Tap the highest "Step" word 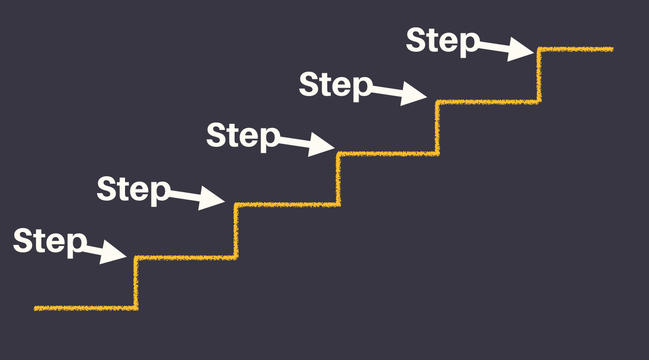tap(442, 41)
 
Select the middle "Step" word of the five tap(243, 135)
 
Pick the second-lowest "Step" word tap(133, 189)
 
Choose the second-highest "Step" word tap(335, 85)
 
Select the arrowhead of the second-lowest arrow tap(212, 198)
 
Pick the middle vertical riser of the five tap(338, 178)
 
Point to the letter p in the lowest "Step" tap(75, 244)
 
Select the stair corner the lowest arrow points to tap(135, 257)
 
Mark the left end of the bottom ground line tap(35, 308)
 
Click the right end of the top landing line tap(612, 49)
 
